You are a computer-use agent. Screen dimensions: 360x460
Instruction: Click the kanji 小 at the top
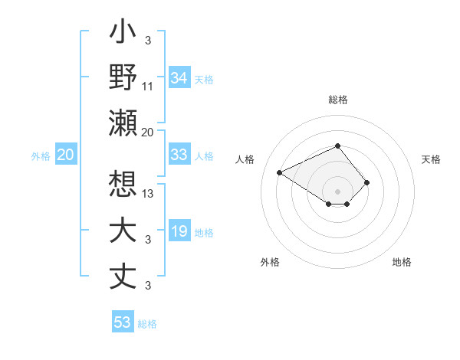pos(123,34)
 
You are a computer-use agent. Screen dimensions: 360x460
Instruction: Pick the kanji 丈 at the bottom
pos(123,276)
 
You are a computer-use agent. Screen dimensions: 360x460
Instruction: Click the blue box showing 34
pos(179,77)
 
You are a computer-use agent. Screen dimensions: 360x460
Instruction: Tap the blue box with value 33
pos(179,155)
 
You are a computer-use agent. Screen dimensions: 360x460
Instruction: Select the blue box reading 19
pos(179,231)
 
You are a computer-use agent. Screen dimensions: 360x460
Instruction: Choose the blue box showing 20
pos(65,155)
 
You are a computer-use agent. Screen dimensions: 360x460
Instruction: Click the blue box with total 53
pos(123,322)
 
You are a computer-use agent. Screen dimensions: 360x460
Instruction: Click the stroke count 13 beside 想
pos(148,194)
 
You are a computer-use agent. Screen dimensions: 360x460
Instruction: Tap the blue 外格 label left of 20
pos(41,155)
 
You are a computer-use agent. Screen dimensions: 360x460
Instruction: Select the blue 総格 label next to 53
pos(147,323)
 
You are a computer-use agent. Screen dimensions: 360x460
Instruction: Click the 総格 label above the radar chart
pos(338,100)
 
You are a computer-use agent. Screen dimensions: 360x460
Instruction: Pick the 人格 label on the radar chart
pos(245,159)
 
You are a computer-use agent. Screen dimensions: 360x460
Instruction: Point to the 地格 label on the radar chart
pos(402,262)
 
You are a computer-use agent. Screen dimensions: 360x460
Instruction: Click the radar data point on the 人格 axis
pos(280,172)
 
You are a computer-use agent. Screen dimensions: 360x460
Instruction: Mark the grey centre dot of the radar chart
pos(337,191)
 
